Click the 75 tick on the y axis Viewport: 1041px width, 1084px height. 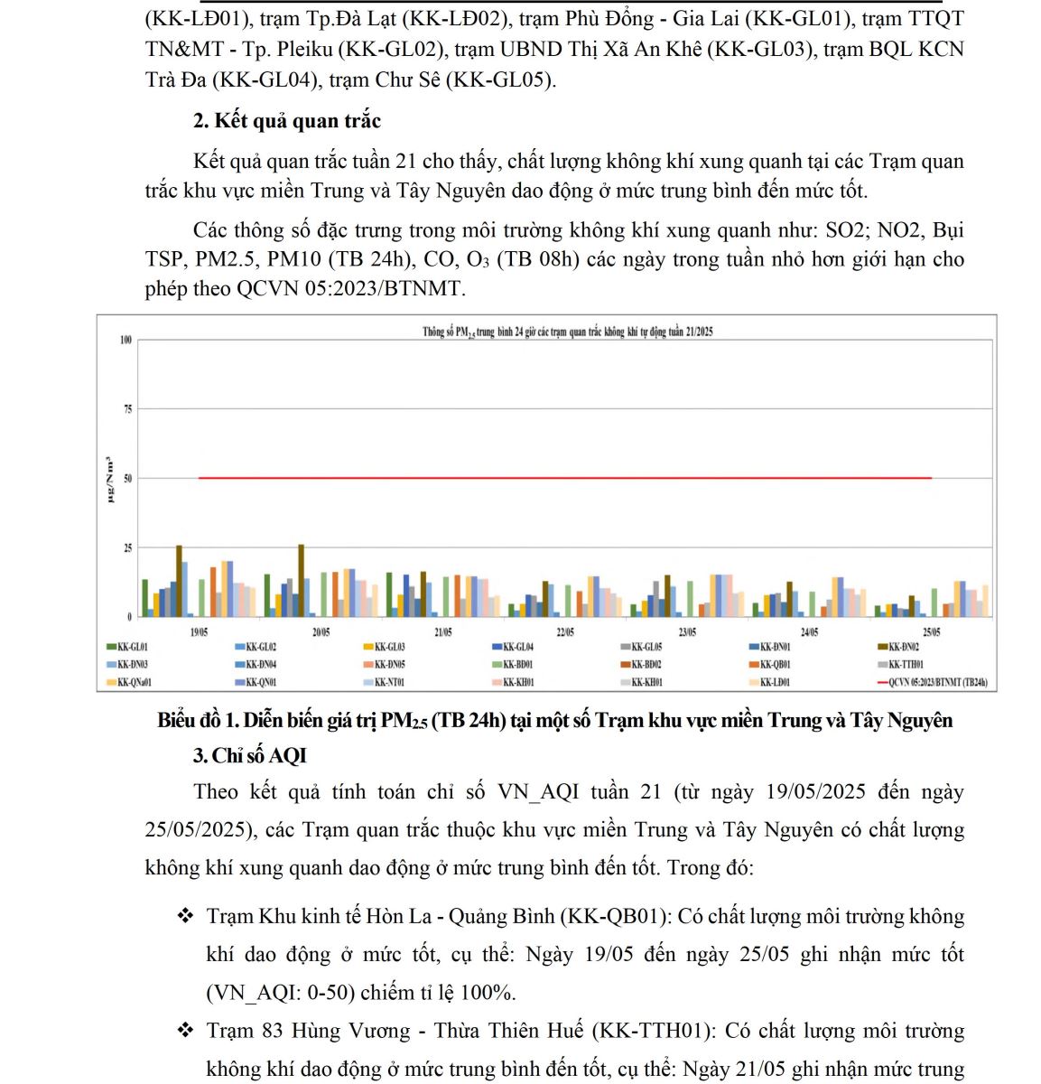pyautogui.click(x=127, y=409)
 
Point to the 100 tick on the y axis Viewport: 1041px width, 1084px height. pyautogui.click(x=125, y=341)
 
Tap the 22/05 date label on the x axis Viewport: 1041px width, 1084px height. pyautogui.click(x=565, y=632)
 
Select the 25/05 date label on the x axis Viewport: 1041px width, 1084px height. pyautogui.click(x=931, y=632)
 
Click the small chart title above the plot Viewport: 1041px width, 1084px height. pyautogui.click(x=567, y=332)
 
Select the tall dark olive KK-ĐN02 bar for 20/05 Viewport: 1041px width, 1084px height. pyautogui.click(x=302, y=580)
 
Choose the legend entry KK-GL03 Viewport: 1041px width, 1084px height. pyautogui.click(x=389, y=647)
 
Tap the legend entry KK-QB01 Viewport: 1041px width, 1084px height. pyautogui.click(x=776, y=664)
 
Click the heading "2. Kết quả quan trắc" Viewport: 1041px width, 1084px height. pyautogui.click(x=287, y=121)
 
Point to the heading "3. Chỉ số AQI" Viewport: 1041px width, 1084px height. pyautogui.click(x=250, y=755)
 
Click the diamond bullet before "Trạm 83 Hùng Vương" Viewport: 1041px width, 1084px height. pyautogui.click(x=186, y=1030)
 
